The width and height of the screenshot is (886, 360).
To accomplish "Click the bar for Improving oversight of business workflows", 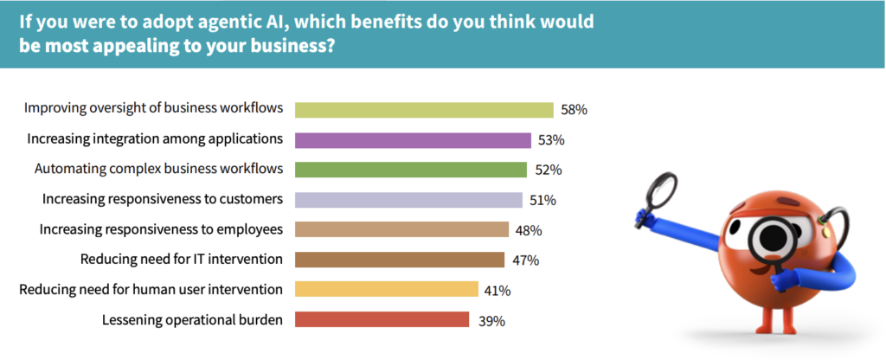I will click(x=424, y=110).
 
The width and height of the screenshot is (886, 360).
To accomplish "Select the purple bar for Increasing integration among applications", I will click(x=413, y=140).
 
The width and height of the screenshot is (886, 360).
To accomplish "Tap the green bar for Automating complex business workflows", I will click(x=411, y=170).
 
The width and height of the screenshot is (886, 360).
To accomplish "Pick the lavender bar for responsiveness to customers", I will click(x=408, y=200).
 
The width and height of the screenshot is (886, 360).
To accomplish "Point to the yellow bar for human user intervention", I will click(x=386, y=289).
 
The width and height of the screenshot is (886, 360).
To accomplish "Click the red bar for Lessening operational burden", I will click(x=382, y=319).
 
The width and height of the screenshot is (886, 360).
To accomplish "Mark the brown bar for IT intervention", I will click(x=399, y=260).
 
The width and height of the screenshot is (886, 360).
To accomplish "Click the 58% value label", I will click(x=574, y=110).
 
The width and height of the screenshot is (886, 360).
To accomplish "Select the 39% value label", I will click(x=491, y=320).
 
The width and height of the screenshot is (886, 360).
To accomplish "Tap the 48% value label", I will click(x=528, y=230).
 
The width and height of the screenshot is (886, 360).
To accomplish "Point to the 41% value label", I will click(x=499, y=290).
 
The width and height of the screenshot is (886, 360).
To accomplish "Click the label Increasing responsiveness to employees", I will click(x=162, y=229).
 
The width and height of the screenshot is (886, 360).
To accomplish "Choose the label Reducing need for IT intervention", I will click(x=182, y=259).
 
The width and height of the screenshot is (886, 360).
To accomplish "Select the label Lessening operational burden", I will click(x=192, y=319).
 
